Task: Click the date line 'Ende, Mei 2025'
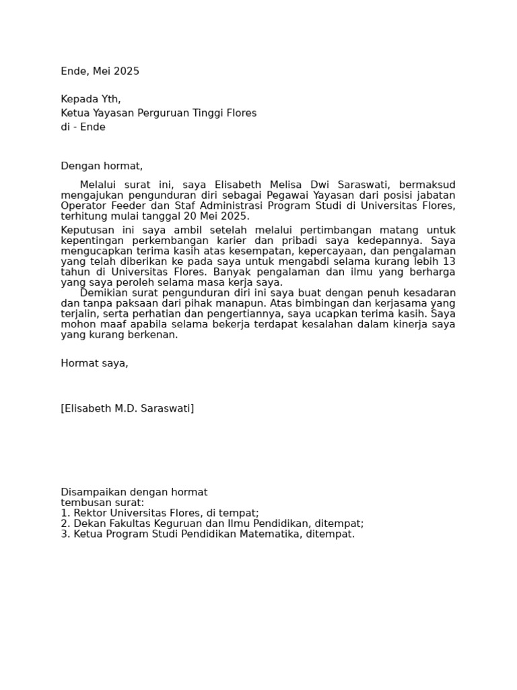pos(100,71)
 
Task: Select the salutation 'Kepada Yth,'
pos(91,99)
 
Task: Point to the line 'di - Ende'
pos(83,127)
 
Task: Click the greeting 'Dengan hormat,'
pos(102,166)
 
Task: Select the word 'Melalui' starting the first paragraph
pos(99,185)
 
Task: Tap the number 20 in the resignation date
pos(185,216)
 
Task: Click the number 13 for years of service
pos(449,261)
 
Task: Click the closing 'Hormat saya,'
pos(94,363)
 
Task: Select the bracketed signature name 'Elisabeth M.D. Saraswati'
pos(127,408)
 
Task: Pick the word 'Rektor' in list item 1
pos(88,513)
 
